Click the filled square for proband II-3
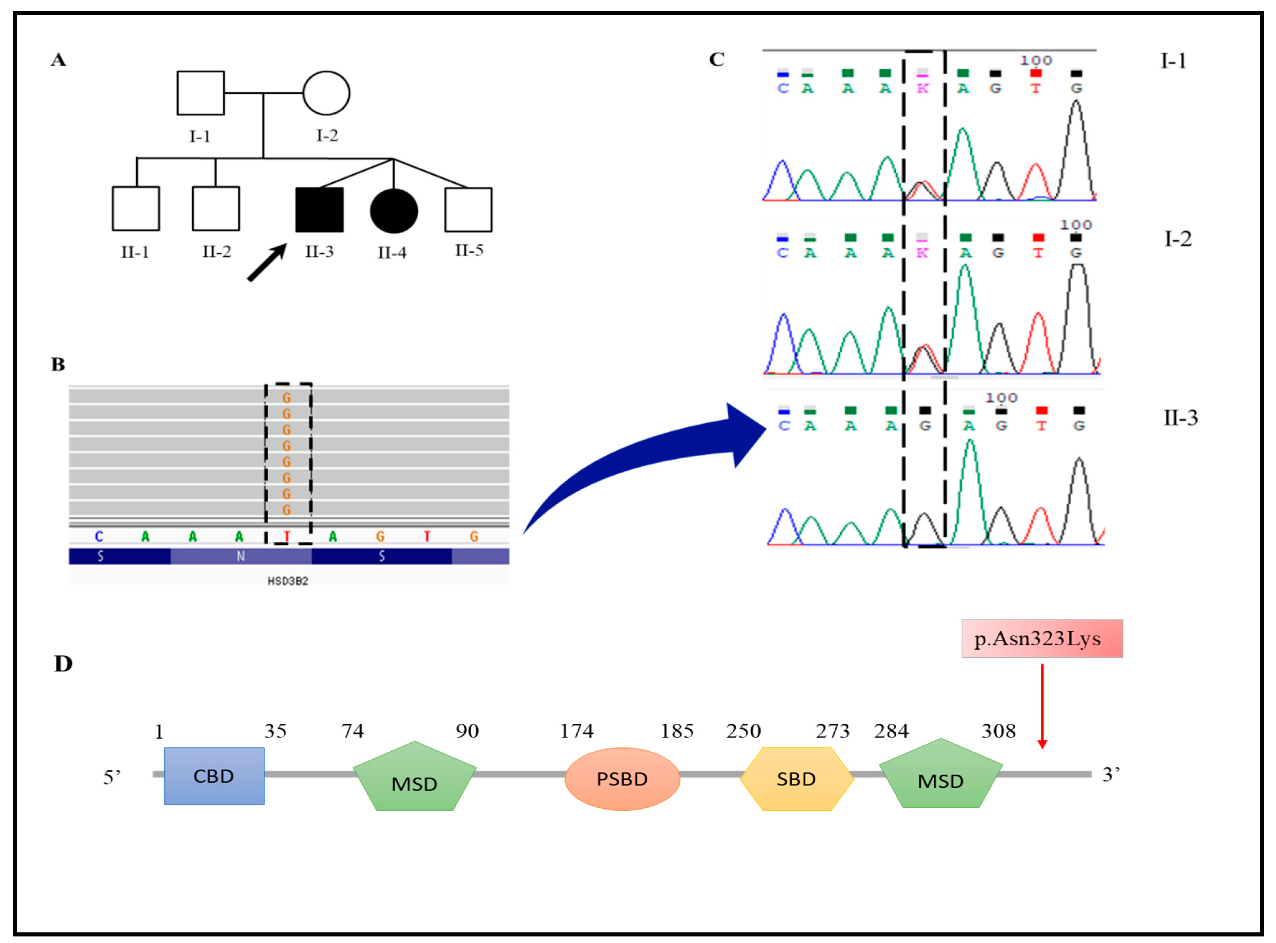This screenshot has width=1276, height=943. tap(319, 209)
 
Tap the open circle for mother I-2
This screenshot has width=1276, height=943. tap(326, 93)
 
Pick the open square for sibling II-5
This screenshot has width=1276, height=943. tap(468, 209)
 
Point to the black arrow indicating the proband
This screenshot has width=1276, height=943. tap(267, 263)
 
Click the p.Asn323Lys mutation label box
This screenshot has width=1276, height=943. tap(1041, 638)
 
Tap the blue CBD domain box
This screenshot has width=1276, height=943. tap(214, 776)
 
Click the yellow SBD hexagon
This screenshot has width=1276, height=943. tap(796, 779)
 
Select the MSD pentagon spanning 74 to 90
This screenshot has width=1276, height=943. tap(415, 777)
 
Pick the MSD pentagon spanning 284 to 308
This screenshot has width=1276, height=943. tap(940, 775)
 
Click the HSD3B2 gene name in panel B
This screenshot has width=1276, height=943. tap(288, 581)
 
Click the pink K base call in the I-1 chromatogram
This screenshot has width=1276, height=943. tap(922, 88)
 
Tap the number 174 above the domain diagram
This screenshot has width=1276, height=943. tap(577, 731)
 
